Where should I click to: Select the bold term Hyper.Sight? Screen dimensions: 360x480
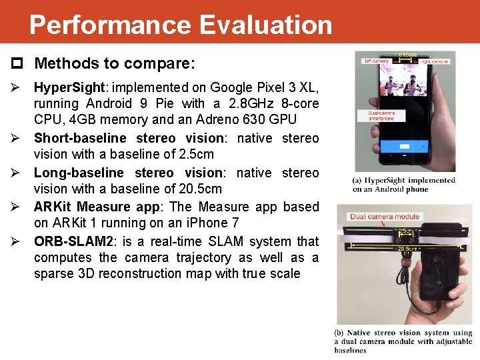point(72,87)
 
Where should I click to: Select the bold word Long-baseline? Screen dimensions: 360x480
point(79,173)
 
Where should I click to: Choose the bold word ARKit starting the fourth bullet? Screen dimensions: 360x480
point(53,207)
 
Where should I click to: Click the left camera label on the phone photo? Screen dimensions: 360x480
point(377,61)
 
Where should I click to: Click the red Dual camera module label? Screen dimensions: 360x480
point(385,217)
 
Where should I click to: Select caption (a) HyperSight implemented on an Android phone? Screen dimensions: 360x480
point(404,185)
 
